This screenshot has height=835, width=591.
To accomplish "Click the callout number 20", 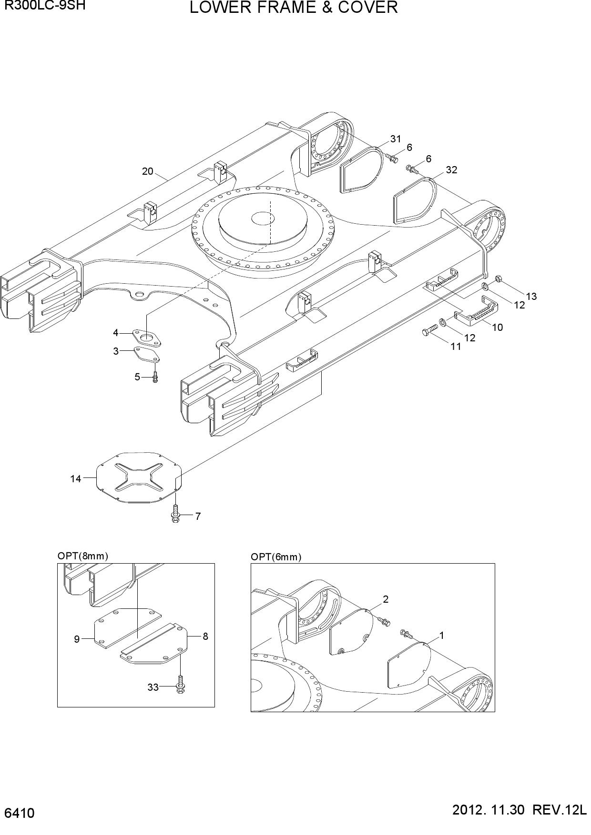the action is click(148, 171).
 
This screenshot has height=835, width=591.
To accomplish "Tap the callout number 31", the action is click(396, 139).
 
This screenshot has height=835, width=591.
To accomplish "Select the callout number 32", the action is click(451, 170).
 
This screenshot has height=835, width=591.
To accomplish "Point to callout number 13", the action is click(531, 296).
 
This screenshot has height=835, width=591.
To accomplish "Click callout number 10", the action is click(497, 327).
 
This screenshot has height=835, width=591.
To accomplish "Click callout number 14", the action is click(76, 479).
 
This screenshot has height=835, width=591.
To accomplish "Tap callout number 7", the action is click(198, 516).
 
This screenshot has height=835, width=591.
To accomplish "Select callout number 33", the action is click(153, 687).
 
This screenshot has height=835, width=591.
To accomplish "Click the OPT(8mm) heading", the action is click(83, 556).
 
